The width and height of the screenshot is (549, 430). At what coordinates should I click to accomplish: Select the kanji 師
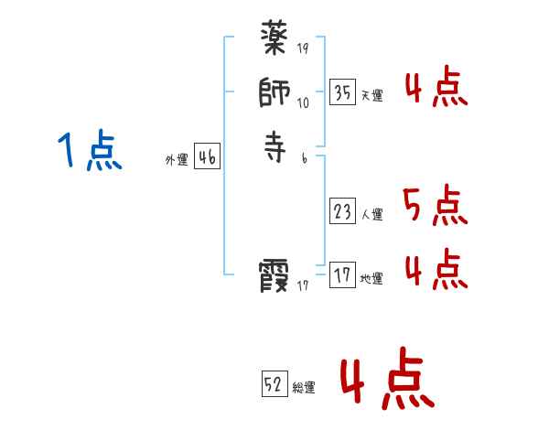tap(274, 95)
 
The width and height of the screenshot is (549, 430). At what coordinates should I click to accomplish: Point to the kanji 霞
tap(274, 275)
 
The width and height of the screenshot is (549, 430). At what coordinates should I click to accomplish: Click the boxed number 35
tap(342, 92)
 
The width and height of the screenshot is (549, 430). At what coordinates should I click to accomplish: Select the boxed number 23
tap(342, 212)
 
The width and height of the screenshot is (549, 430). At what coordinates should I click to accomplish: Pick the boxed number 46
tap(207, 157)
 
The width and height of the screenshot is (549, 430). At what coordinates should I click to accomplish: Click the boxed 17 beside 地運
tap(342, 275)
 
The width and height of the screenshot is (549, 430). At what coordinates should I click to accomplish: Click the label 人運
tap(371, 216)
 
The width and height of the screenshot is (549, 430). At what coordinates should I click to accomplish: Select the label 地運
tap(371, 279)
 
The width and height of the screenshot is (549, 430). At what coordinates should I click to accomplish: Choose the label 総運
tap(304, 388)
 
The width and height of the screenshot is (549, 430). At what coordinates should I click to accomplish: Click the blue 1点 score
tap(89, 151)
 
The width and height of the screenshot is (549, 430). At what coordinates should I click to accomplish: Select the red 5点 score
tap(435, 206)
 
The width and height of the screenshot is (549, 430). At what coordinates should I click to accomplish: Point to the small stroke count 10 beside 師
tap(304, 102)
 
